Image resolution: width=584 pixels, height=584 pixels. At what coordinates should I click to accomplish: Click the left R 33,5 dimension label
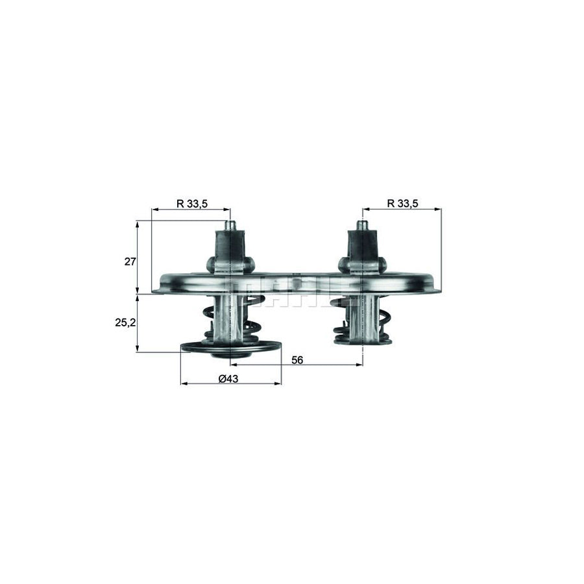point(191,203)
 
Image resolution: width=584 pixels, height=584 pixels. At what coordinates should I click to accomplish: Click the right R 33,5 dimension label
point(402,203)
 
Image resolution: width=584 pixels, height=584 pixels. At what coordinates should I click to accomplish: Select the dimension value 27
point(130,262)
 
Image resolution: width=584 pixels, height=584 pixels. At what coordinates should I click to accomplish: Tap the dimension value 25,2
point(126,322)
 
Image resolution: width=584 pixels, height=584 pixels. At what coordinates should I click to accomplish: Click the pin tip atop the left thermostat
point(230,225)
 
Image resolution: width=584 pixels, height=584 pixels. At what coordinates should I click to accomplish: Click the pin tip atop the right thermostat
point(362,225)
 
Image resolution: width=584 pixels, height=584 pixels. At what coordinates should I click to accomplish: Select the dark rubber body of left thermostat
point(230,247)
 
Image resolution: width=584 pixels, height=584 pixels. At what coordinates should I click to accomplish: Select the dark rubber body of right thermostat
point(362,247)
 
